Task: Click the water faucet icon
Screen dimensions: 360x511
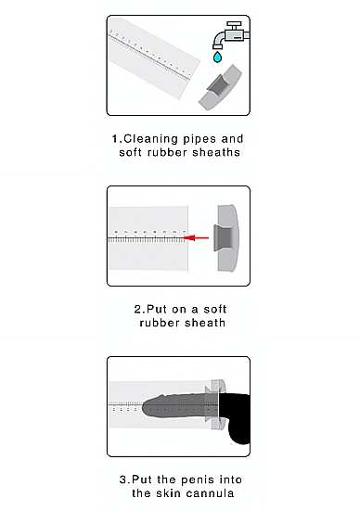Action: coord(231,35)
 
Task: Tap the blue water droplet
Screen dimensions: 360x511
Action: coord(217,57)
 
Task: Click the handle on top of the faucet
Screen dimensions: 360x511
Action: coord(234,25)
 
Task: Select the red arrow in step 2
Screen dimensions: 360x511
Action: coord(196,238)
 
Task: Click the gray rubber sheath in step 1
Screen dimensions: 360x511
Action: coord(221,88)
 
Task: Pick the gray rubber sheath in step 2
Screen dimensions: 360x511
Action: coord(226,238)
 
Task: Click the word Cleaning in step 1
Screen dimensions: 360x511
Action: coord(151,139)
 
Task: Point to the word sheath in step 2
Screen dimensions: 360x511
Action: coord(205,323)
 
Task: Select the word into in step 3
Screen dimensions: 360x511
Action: coord(230,479)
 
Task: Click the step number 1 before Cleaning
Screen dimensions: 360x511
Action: coord(115,139)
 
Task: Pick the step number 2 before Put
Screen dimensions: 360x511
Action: coord(138,309)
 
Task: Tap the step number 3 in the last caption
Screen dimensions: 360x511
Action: coord(123,479)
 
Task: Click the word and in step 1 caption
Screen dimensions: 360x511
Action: coord(232,139)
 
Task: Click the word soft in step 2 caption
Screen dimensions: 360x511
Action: coord(215,309)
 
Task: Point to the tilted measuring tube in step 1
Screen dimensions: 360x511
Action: coord(153,58)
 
